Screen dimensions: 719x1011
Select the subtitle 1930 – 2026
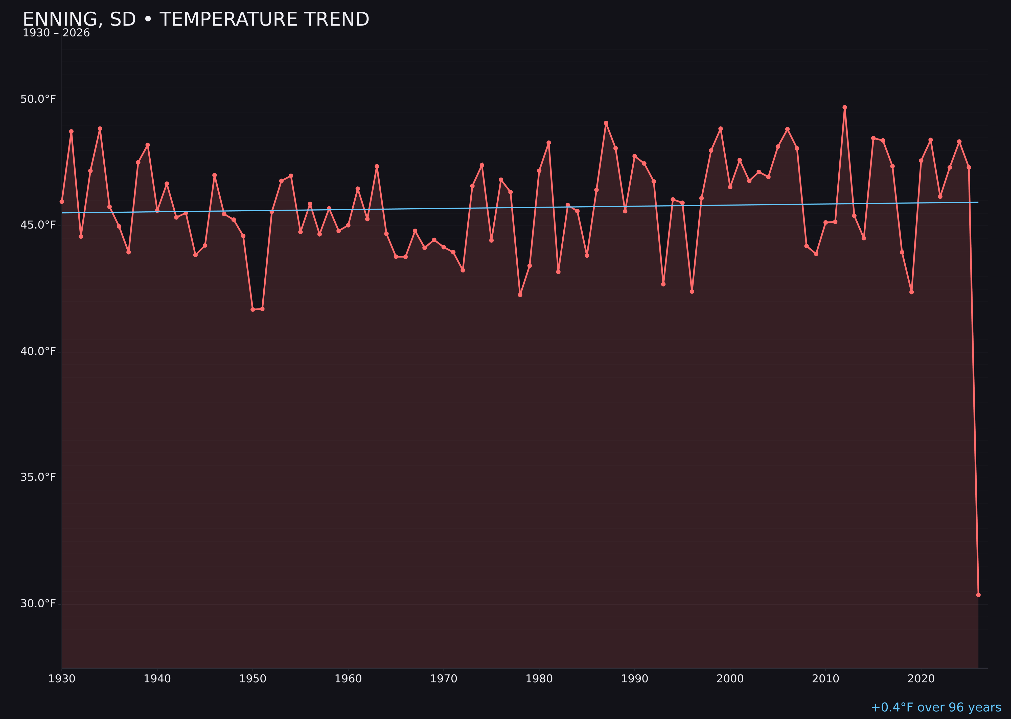click(56, 33)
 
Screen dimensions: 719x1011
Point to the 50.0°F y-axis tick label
click(38, 99)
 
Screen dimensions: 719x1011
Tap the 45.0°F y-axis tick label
click(38, 225)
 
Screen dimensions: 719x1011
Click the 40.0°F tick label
click(38, 351)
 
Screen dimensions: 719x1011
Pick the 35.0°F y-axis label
click(38, 477)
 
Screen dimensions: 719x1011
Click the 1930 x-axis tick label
click(62, 679)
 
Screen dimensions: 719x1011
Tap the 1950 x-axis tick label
click(253, 679)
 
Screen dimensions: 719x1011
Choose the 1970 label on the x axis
click(444, 679)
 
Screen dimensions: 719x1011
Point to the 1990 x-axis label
click(634, 679)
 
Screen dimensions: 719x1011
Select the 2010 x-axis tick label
click(825, 679)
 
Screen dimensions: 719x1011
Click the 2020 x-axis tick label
click(921, 679)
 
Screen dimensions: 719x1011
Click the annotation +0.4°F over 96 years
click(936, 707)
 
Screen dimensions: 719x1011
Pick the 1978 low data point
click(520, 295)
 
